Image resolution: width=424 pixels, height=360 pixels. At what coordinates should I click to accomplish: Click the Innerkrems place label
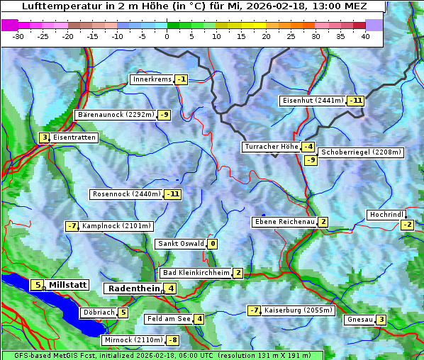coord(152,79)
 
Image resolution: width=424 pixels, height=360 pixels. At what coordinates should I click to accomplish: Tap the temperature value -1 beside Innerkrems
coord(182,79)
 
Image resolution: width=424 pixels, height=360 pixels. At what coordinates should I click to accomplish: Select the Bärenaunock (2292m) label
coord(114,114)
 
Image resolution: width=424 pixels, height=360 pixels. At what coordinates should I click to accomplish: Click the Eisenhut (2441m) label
coord(312,101)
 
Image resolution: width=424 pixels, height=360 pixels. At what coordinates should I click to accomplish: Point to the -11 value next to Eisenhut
coord(355,101)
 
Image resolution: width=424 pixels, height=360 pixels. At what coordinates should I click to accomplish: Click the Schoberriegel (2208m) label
coord(361,152)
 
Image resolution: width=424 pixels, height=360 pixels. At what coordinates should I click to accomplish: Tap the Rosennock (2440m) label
coord(126,193)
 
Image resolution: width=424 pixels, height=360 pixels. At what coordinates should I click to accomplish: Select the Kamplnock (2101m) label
coord(116,226)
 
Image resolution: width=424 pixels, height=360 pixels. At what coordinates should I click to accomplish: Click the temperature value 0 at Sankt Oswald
coord(213,244)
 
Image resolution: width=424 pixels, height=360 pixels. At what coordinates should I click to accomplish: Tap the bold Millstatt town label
coord(67,285)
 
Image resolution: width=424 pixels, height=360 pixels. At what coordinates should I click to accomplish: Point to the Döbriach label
coord(98,313)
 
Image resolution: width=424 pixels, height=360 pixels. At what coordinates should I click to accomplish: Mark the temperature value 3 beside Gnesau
coord(381,320)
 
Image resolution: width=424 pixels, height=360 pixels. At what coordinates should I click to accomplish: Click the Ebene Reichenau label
coord(284,222)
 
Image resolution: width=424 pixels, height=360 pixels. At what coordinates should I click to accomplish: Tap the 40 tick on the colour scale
coord(365,35)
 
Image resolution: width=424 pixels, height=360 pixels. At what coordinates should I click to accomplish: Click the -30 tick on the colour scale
coord(18,35)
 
